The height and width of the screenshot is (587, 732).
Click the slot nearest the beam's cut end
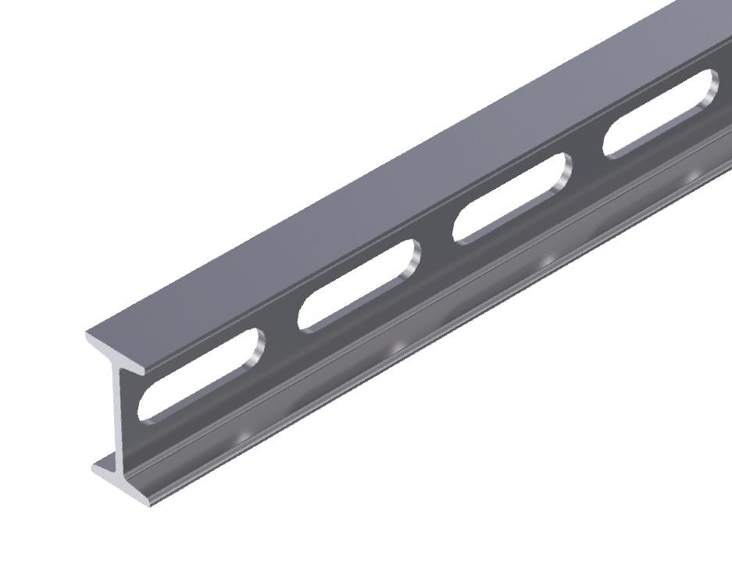tap(195, 379)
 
